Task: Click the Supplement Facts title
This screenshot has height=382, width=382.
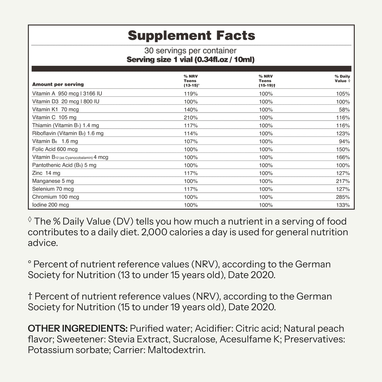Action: pyautogui.click(x=191, y=35)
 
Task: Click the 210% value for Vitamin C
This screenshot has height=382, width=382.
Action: pyautogui.click(x=190, y=117)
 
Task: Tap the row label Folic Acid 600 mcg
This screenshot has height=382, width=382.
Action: pyautogui.click(x=55, y=149)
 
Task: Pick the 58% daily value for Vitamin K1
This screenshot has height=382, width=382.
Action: pyautogui.click(x=345, y=110)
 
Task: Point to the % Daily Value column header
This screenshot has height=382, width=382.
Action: pyautogui.click(x=342, y=79)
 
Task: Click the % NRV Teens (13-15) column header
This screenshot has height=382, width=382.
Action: pyautogui.click(x=190, y=81)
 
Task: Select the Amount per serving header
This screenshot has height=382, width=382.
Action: pyautogui.click(x=58, y=84)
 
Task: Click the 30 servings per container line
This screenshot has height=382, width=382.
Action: pyautogui.click(x=190, y=51)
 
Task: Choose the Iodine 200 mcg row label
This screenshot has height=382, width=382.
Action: pyautogui.click(x=51, y=205)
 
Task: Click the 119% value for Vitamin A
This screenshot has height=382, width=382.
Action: pyautogui.click(x=190, y=94)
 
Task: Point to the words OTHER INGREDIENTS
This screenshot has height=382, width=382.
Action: pyautogui.click(x=77, y=328)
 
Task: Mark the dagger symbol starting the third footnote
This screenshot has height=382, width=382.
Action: pyautogui.click(x=30, y=296)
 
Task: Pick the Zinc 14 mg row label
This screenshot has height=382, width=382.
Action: pyautogui.click(x=46, y=173)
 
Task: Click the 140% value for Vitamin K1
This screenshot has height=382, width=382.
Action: pyautogui.click(x=190, y=110)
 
